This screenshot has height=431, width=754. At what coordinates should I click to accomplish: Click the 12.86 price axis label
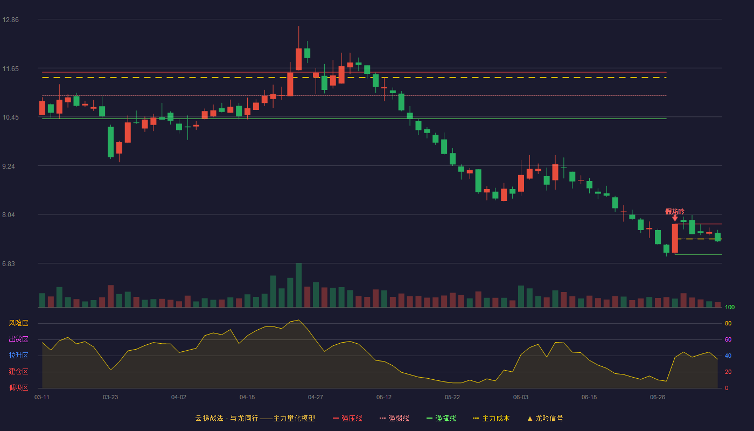tap(10, 20)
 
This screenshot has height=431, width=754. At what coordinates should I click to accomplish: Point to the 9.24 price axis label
tap(9, 166)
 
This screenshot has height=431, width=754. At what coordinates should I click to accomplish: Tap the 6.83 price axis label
tap(9, 264)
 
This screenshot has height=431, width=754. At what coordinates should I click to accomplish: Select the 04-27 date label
tap(316, 398)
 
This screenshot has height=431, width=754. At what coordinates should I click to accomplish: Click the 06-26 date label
tap(658, 398)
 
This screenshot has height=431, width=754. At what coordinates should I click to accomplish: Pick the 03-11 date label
tap(42, 398)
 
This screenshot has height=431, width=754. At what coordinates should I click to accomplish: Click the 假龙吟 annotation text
tap(674, 211)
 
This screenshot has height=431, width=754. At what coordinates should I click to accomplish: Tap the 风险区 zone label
tap(18, 323)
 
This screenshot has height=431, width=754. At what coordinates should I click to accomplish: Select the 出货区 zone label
tap(18, 339)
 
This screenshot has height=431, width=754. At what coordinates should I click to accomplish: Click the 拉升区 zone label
tap(18, 355)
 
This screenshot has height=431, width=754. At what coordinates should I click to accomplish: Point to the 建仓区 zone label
tap(18, 371)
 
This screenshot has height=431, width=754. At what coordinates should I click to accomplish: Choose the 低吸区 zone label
tap(18, 387)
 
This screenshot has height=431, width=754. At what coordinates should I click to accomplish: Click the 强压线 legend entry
tap(347, 418)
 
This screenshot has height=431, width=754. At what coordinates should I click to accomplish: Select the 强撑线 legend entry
tap(441, 418)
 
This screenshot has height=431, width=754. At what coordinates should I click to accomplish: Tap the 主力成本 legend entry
tap(491, 418)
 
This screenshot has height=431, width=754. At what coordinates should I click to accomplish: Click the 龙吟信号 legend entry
tap(545, 418)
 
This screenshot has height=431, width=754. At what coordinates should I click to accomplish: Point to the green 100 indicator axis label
tap(730, 307)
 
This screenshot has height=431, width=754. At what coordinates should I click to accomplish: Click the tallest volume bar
tap(298, 285)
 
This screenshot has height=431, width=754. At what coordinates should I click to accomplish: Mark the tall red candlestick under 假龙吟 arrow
tap(675, 238)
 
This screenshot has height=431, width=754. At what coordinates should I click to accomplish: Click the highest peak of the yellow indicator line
tap(298, 320)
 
